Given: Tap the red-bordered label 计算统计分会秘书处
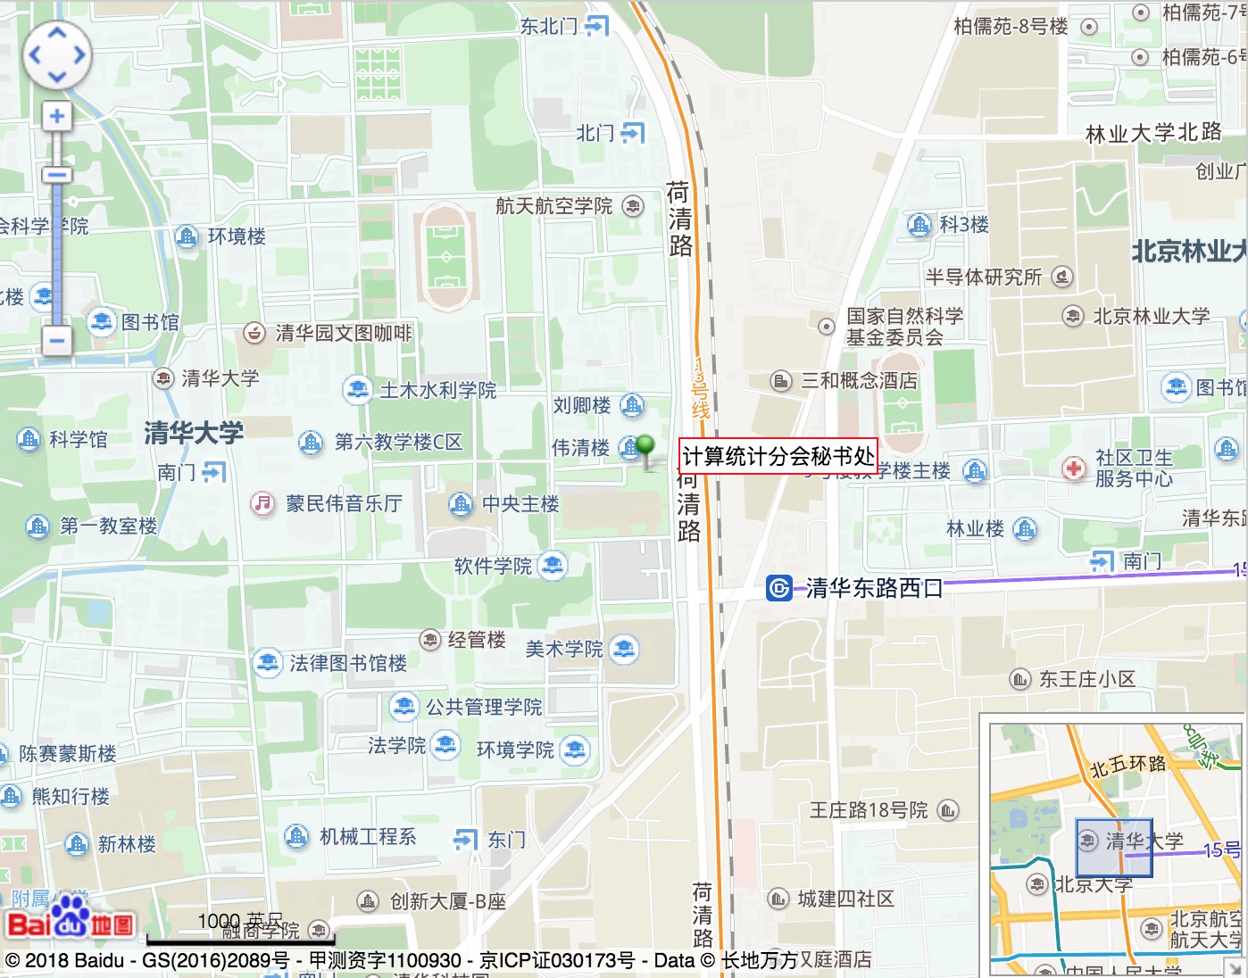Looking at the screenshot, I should click(777, 456).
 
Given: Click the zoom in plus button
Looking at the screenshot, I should click(57, 116).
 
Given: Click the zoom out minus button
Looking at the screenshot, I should click(57, 340).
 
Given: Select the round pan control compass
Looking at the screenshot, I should click(57, 54).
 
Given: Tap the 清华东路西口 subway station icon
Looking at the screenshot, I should click(778, 587).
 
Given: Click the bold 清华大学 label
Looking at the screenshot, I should click(194, 434).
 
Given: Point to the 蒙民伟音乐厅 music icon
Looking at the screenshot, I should click(262, 503).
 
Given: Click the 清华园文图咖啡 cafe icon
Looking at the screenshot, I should click(254, 333).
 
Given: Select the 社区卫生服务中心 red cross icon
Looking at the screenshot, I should click(1073, 468).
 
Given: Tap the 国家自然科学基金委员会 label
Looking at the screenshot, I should click(904, 327).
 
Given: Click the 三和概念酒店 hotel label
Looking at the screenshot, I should click(859, 381).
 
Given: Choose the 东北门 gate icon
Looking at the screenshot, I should click(596, 26).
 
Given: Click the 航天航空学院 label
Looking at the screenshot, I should click(554, 206).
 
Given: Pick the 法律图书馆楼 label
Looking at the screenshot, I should click(348, 663).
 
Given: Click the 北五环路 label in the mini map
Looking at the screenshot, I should click(1128, 766).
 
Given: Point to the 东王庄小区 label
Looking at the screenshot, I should click(1086, 679).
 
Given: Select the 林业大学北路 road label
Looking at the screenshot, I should click(1152, 133).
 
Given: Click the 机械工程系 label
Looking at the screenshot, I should click(368, 836).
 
